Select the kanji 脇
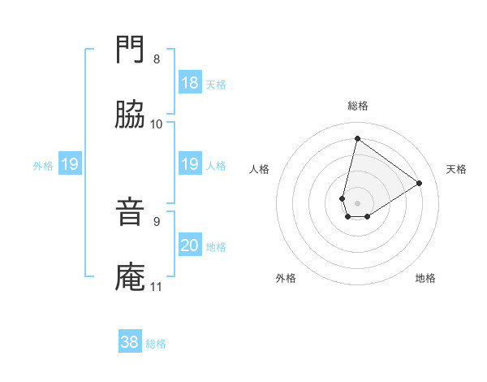click(131, 115)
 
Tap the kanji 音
click(131, 213)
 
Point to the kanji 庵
click(131, 277)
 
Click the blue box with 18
click(190, 83)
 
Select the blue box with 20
click(190, 245)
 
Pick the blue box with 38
click(130, 342)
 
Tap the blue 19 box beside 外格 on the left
click(69, 165)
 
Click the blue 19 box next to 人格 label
click(190, 165)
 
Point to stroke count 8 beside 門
click(157, 59)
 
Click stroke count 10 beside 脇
click(157, 124)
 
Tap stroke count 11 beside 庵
click(157, 286)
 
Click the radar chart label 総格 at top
click(358, 106)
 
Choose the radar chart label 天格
click(457, 169)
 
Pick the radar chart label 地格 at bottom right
click(425, 278)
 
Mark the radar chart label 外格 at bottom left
click(286, 278)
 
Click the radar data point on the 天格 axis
click(420, 183)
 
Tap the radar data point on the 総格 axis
click(357, 138)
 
